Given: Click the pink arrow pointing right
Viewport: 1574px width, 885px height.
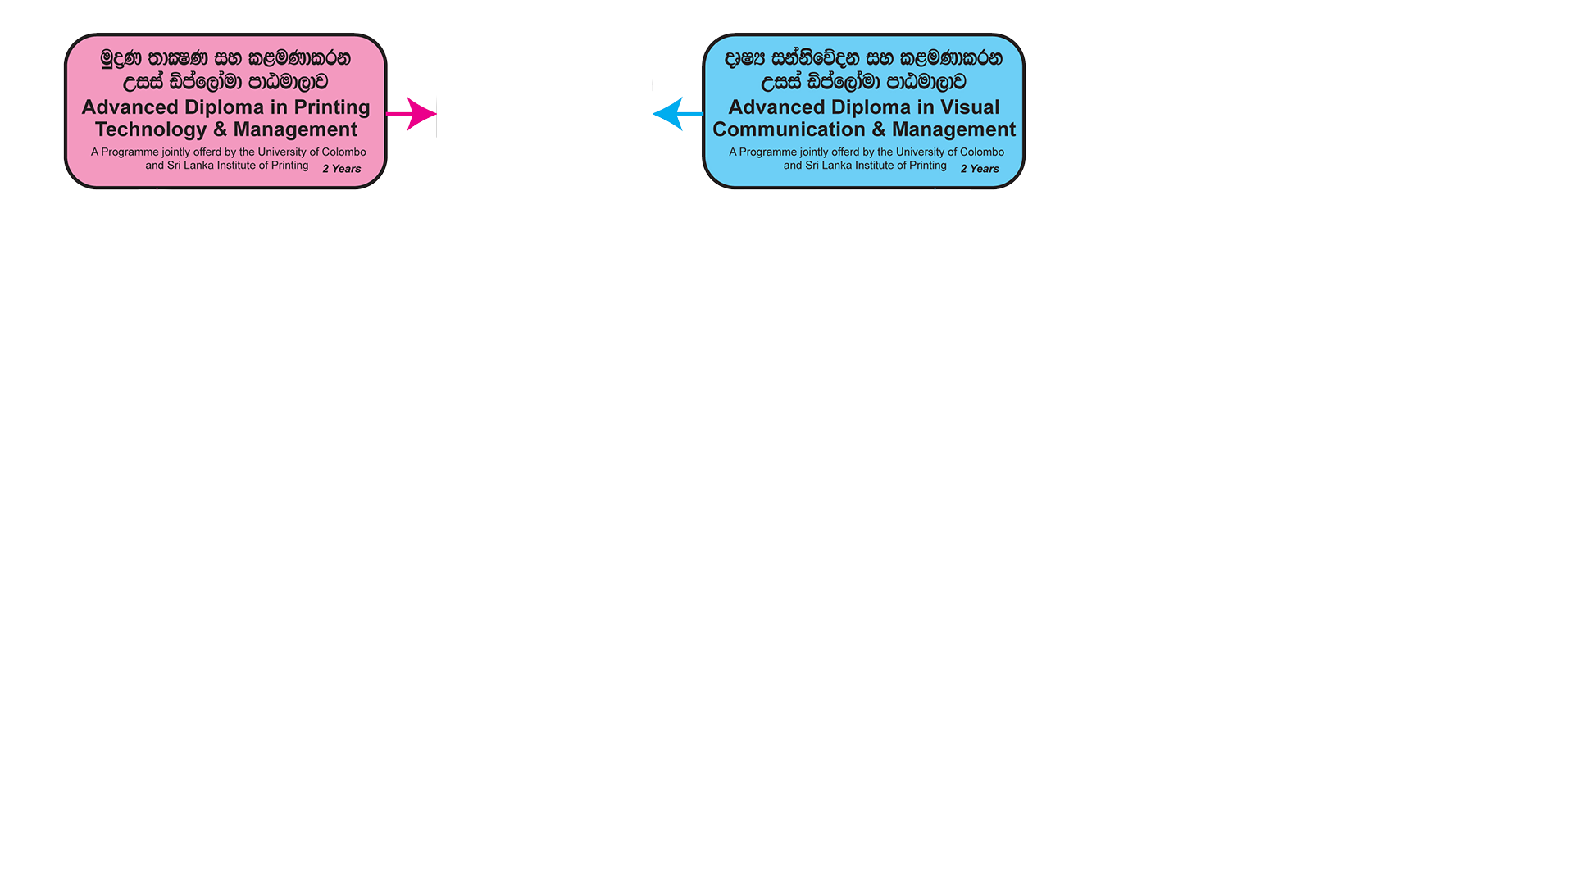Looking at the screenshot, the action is pos(412,114).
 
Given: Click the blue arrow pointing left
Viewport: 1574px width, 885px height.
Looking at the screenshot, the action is pos(678,114).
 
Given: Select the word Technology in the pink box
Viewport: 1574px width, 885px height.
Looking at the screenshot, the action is pos(151,130).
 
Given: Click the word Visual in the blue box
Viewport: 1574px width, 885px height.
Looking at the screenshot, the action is pos(969,107).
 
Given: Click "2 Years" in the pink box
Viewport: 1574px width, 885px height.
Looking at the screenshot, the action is pos(342,169).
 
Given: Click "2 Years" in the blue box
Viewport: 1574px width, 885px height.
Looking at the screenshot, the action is pos(980,169).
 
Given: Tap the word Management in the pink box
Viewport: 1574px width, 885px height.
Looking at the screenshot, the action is pos(295,130).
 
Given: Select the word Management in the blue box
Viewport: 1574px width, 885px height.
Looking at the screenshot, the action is pos(953,130).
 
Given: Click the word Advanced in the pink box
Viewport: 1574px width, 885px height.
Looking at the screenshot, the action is pos(130,107).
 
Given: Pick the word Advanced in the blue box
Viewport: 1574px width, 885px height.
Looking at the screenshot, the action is pos(776,107).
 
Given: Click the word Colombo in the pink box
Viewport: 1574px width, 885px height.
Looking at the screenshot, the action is pos(344,152).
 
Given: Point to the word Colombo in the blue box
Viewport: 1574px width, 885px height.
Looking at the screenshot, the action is pos(982,152).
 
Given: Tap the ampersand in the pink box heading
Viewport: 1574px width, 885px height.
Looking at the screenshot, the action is pos(220,130).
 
